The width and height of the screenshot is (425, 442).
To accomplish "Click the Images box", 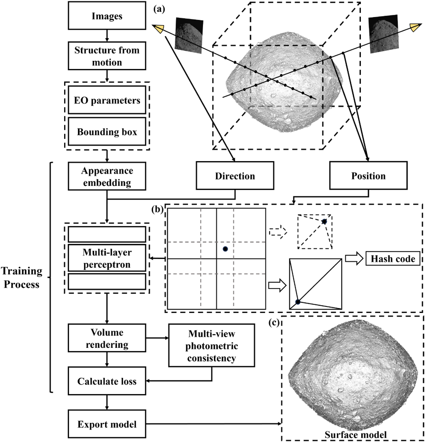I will point(107,16).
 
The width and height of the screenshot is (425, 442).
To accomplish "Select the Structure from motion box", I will point(107,56).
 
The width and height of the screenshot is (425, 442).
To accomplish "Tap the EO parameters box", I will point(107,101).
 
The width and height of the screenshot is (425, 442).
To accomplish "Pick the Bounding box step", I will point(107,132).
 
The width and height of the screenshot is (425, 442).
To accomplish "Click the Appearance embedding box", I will point(107,176).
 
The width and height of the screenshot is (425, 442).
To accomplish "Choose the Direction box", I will point(235,176).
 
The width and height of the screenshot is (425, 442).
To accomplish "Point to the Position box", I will point(368,176).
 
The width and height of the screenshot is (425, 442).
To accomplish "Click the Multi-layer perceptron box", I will point(107,259).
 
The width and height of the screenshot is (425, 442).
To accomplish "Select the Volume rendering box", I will point(107,339).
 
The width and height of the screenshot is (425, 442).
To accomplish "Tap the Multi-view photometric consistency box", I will point(212,346).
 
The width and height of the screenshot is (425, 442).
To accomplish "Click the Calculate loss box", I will point(107,381).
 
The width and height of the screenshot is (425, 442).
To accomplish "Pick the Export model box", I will point(107,424).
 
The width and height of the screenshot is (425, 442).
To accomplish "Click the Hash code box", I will point(393,259).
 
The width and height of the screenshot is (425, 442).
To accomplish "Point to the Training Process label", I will point(21,278).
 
